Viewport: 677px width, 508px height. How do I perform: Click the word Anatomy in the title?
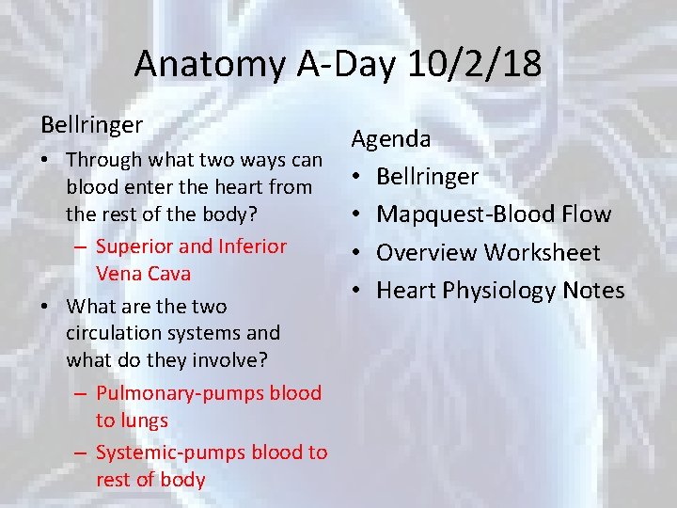(195, 64)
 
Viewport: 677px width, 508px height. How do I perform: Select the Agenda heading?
(391, 139)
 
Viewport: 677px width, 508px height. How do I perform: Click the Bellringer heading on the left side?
(91, 124)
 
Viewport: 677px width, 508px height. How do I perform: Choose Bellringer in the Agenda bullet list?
(427, 176)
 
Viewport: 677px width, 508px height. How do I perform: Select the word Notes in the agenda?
(593, 291)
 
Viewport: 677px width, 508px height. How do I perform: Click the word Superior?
(134, 246)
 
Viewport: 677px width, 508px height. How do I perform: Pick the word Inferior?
(253, 246)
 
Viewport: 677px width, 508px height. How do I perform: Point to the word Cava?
(169, 274)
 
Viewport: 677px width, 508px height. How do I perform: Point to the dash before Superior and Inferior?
(81, 246)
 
